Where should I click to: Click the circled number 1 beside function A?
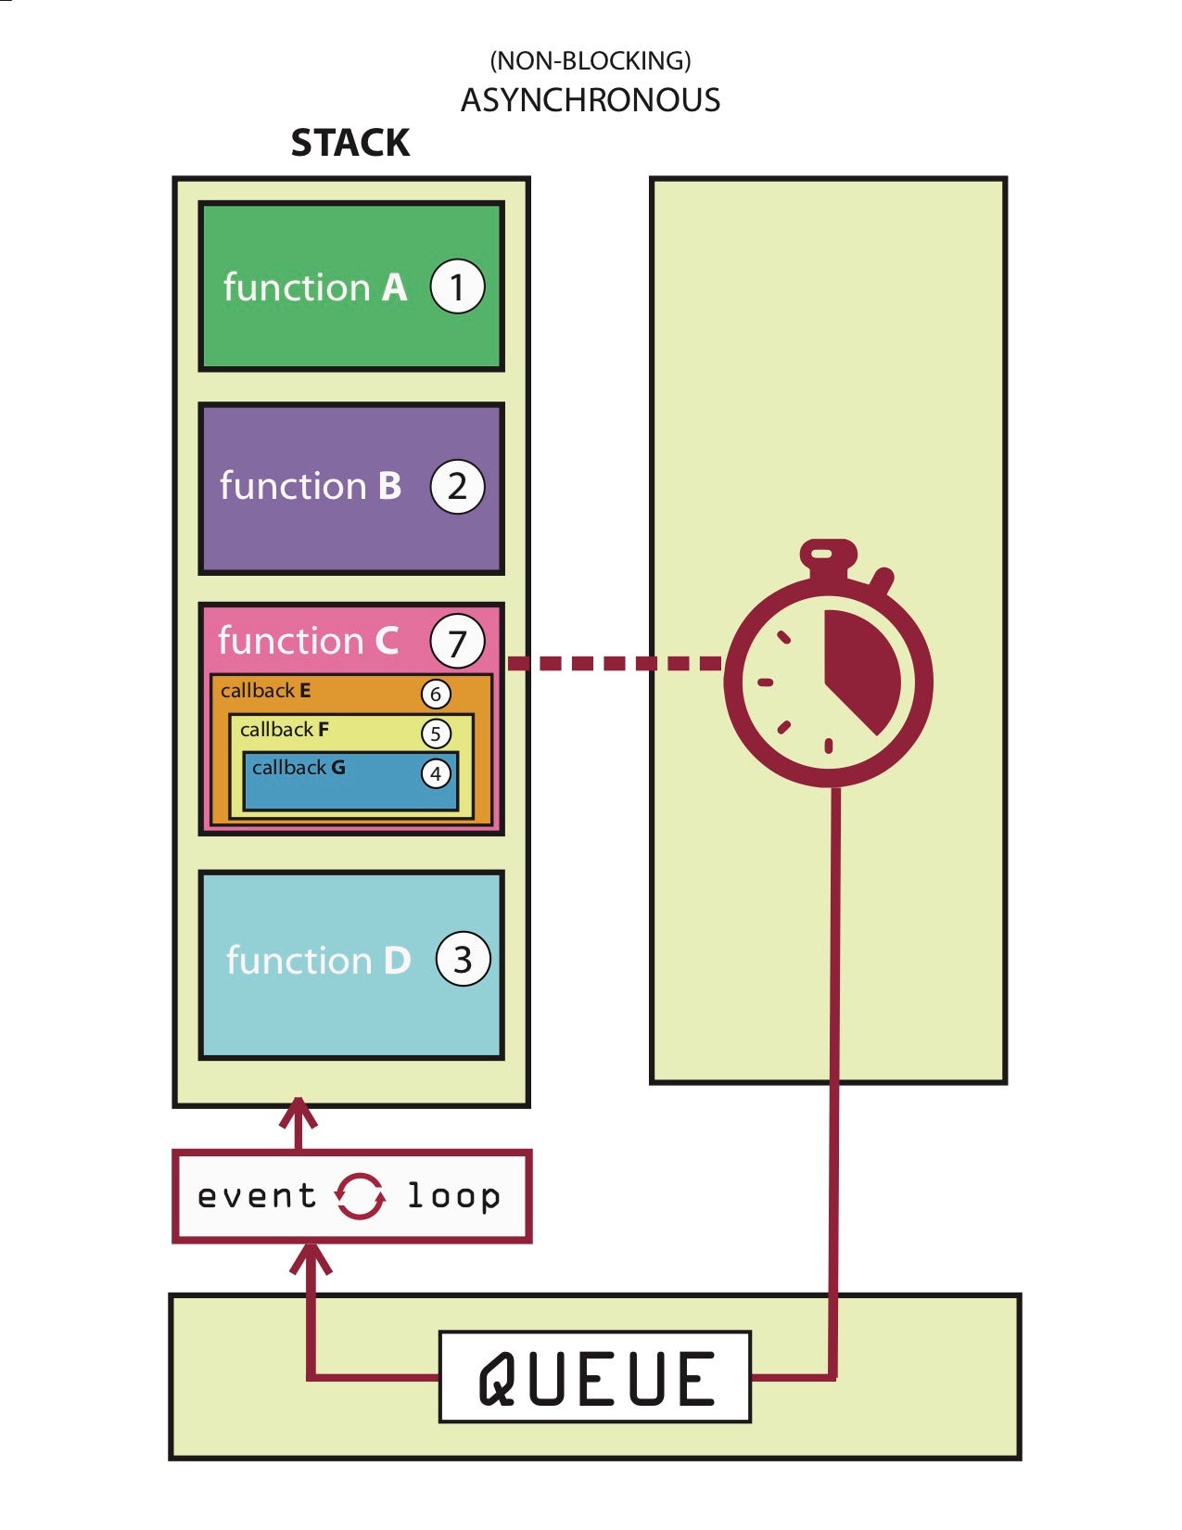(457, 287)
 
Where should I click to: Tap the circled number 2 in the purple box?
(457, 487)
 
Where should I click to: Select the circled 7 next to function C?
(457, 642)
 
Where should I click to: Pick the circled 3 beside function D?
(463, 960)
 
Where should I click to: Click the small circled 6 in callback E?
(436, 694)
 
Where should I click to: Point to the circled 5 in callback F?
(436, 733)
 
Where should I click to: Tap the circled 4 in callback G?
(436, 772)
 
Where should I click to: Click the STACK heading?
(350, 143)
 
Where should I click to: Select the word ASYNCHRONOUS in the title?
(591, 100)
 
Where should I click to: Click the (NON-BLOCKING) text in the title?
(591, 61)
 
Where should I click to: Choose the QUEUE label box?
(594, 1377)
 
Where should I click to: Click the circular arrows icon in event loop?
(360, 1196)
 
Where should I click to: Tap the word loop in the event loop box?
(454, 1196)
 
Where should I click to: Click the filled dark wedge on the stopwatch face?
(858, 668)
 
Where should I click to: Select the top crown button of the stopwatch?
(828, 554)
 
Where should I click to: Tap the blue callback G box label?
(299, 768)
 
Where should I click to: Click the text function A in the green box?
(315, 287)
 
